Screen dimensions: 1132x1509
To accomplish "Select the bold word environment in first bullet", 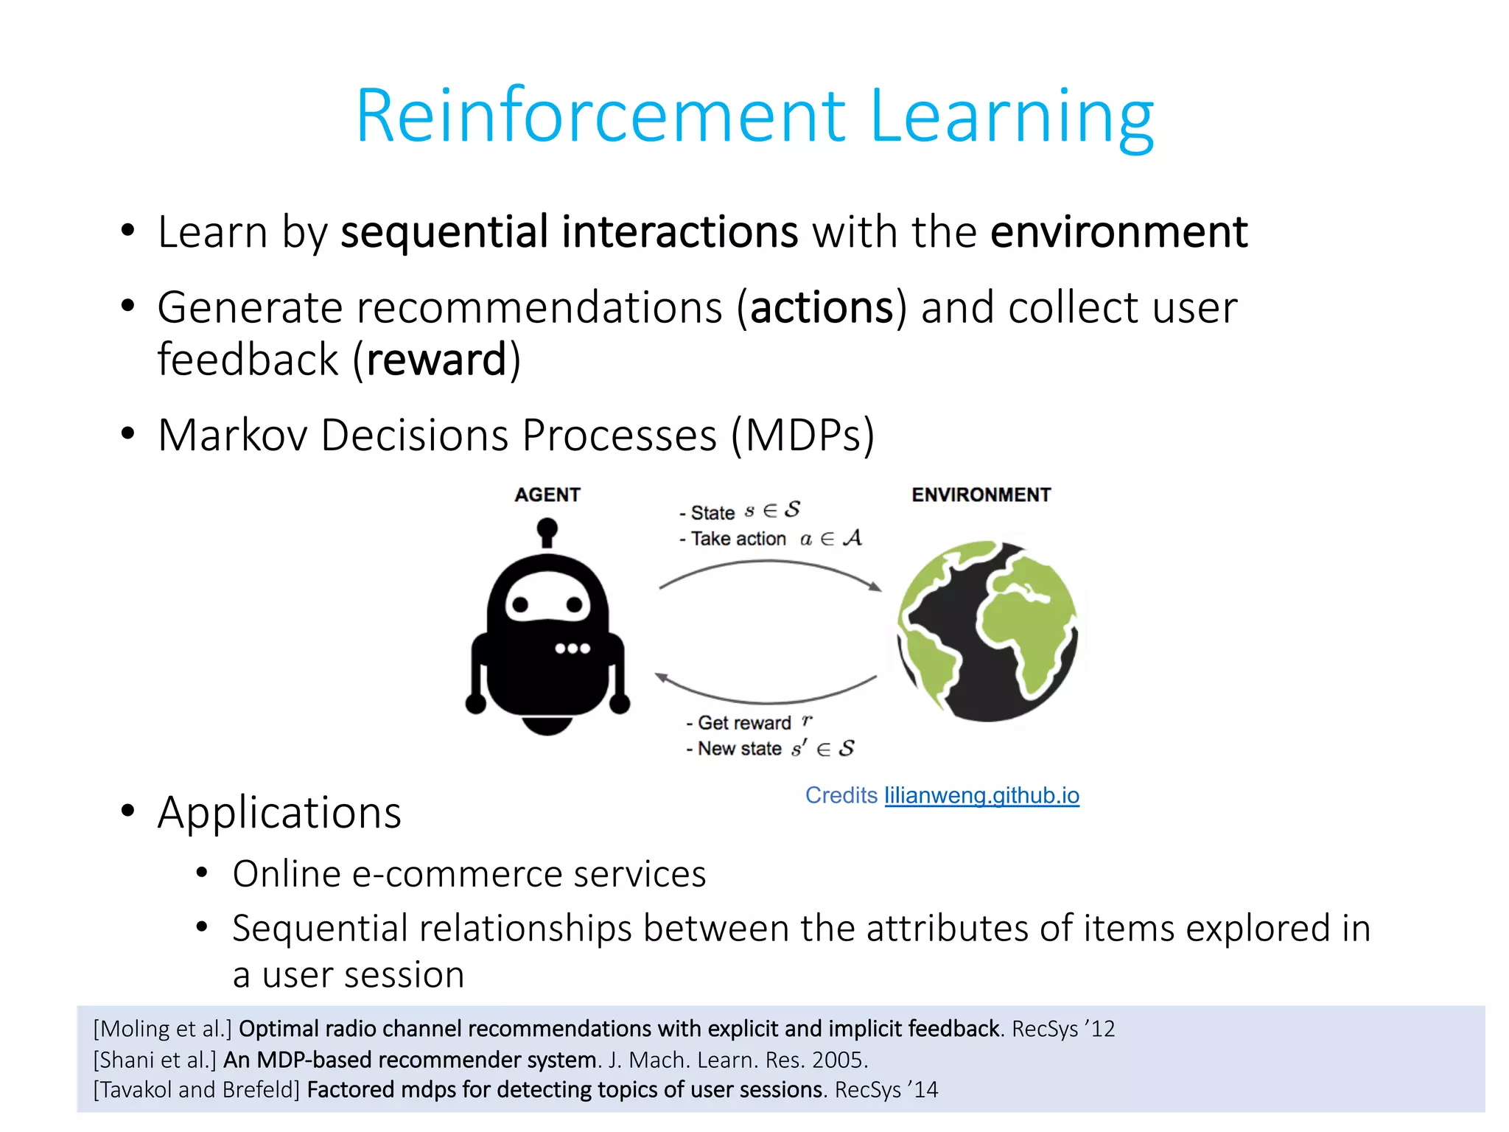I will [x=1118, y=232].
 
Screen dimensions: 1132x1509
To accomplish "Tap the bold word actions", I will [x=822, y=307].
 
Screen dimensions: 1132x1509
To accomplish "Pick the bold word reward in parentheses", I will [x=436, y=360].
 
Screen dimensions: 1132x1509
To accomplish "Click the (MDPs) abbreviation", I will [x=802, y=435].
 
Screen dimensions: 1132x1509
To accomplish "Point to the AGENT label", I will [x=547, y=495].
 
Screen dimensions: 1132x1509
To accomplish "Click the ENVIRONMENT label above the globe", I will [x=981, y=495].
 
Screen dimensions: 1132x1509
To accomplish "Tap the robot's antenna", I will [x=547, y=531].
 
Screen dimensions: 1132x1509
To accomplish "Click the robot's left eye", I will [x=520, y=604].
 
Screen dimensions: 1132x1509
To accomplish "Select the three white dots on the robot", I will [x=573, y=649].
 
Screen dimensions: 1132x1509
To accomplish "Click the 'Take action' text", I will [x=738, y=539].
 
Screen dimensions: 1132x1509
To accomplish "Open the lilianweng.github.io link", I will [x=981, y=795].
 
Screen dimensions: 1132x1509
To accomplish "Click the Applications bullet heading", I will [x=279, y=813].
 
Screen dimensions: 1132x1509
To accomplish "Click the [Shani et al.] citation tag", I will [x=155, y=1060].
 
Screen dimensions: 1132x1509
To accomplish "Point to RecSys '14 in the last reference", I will [x=886, y=1090].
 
